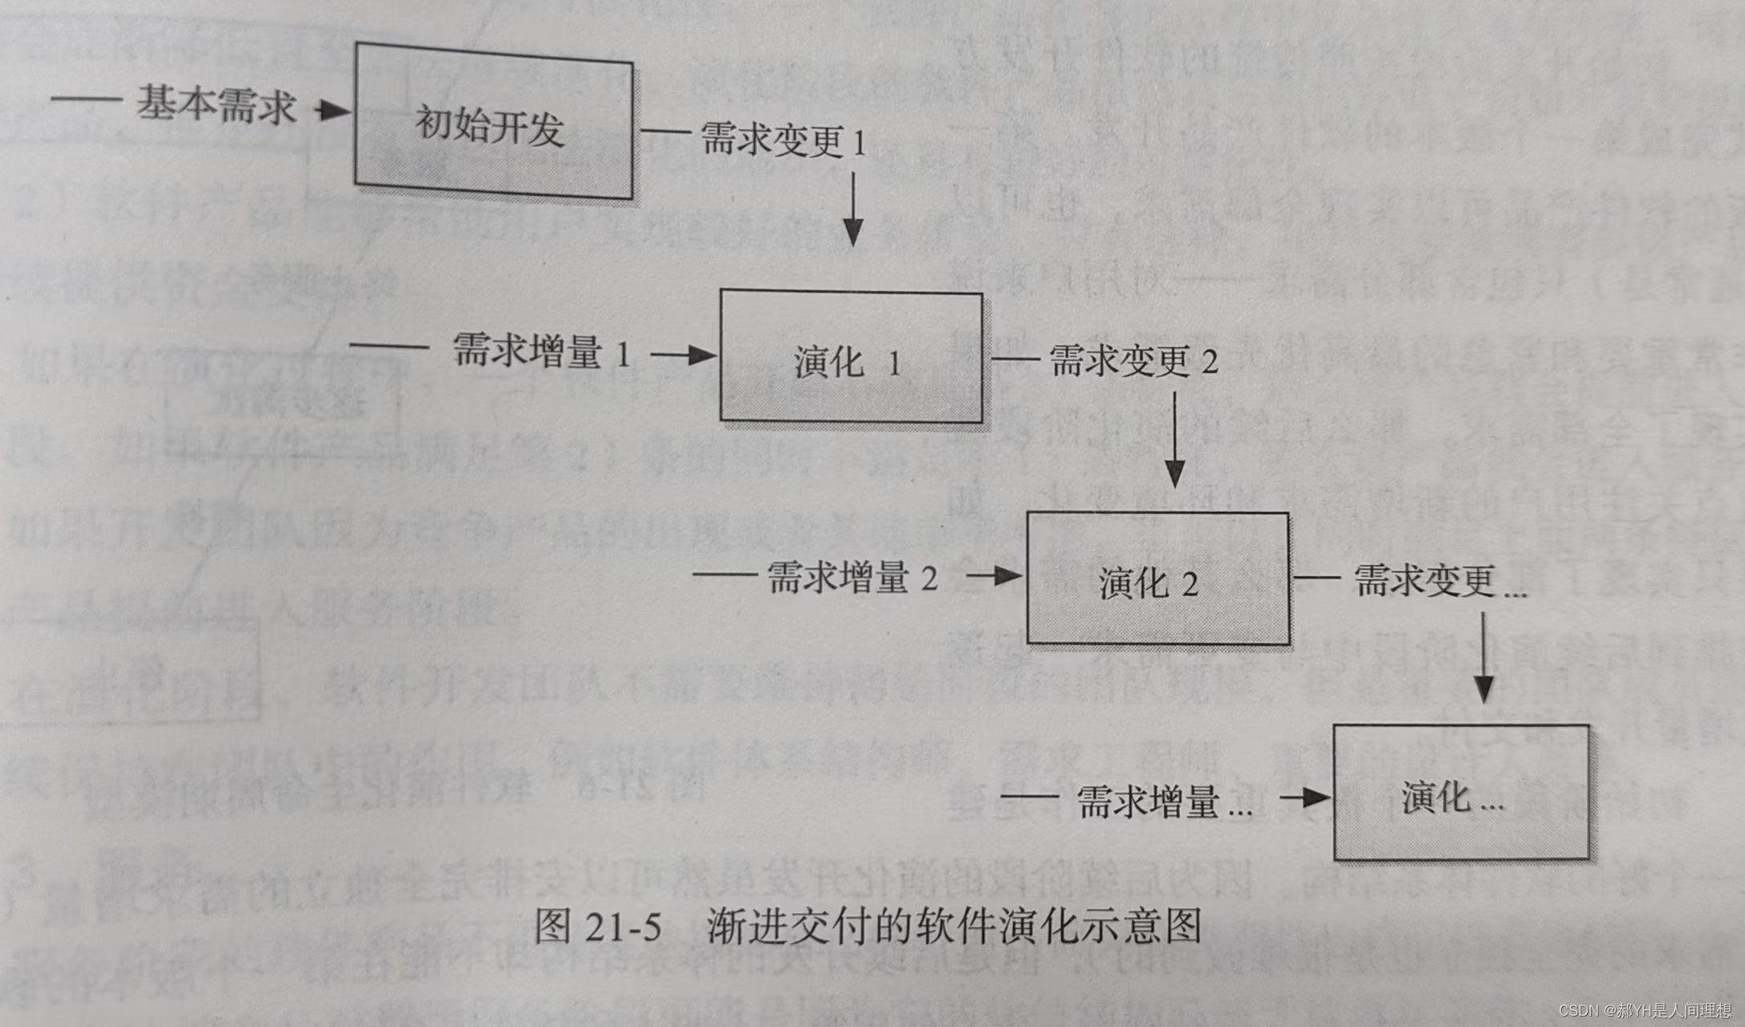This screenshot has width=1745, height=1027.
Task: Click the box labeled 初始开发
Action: [493, 122]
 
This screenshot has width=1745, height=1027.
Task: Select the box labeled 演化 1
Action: [850, 357]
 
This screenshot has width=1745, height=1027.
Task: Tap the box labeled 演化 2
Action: [1157, 578]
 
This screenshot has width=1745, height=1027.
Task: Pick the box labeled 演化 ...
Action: [1460, 793]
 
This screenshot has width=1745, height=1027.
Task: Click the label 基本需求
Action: [215, 104]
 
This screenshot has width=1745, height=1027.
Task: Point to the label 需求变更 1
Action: [783, 140]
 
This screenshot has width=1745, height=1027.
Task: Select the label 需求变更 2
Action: [1133, 361]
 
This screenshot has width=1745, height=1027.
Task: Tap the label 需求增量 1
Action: [541, 351]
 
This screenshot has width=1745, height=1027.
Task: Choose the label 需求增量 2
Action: [852, 577]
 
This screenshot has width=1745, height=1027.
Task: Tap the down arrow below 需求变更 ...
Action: [1483, 658]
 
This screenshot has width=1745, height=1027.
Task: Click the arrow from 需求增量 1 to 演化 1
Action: [683, 355]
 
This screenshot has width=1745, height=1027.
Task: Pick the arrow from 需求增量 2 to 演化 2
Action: [994, 575]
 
